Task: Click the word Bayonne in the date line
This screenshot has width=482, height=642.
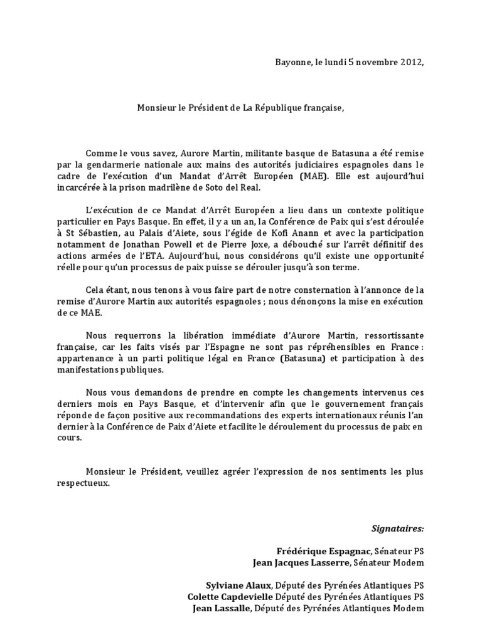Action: pos(292,62)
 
